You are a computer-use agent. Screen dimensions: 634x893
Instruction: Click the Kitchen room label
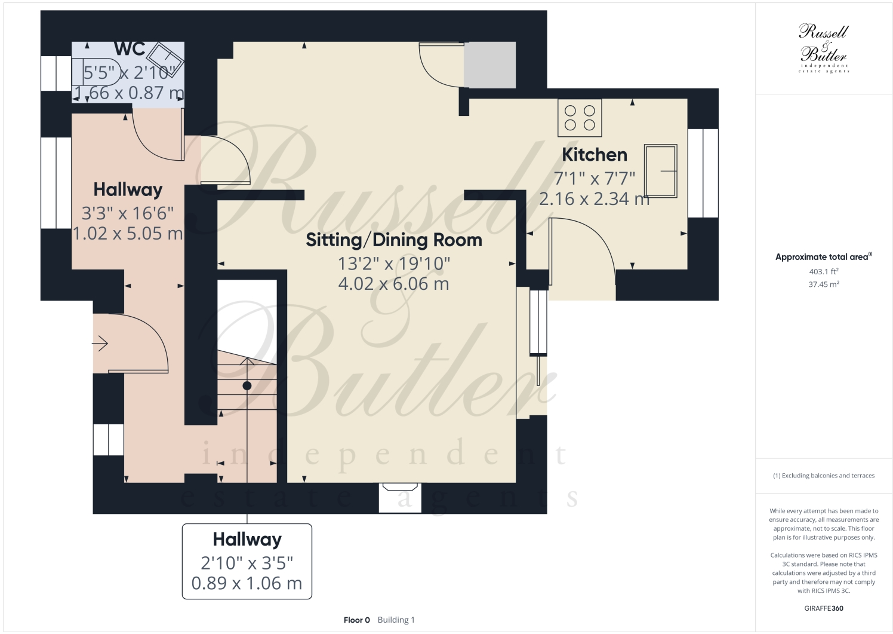pos(595,155)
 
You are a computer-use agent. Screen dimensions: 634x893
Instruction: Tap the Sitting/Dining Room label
pos(393,240)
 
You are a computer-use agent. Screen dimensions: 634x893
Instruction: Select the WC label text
pos(130,49)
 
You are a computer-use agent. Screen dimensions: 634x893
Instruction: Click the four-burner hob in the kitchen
pos(580,118)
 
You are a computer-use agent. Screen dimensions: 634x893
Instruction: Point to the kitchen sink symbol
pos(660,171)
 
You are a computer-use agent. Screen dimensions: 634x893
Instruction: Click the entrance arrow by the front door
pos(100,344)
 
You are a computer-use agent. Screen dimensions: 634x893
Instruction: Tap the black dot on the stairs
pos(247,386)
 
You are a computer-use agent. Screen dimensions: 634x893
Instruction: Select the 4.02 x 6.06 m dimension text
pos(393,284)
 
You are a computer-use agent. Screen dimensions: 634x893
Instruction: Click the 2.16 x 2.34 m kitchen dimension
pos(594,199)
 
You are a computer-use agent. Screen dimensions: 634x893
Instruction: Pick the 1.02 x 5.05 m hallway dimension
pos(128,234)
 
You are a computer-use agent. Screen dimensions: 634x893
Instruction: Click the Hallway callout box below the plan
pos(247,561)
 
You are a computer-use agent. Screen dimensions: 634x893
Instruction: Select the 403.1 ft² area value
pos(823,272)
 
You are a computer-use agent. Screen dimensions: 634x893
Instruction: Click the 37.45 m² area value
pos(823,284)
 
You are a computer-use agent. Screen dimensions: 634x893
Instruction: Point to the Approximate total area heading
pos(823,257)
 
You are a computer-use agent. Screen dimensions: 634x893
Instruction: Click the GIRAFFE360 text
pos(823,608)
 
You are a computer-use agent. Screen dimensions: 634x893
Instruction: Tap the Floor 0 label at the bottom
pos(356,620)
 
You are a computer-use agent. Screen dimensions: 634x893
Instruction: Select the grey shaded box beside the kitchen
pos(490,65)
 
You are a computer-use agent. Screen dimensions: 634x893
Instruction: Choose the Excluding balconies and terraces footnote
pos(823,476)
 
